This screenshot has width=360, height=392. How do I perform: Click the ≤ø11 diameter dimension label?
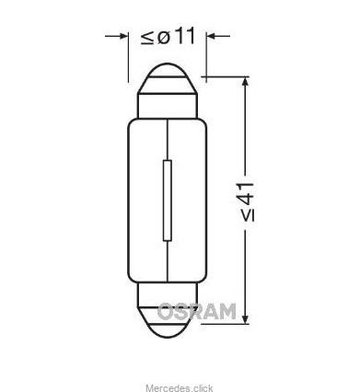click(x=168, y=37)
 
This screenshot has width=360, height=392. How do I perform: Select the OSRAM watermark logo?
click(x=196, y=312)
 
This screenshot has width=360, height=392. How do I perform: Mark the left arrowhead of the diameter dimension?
click(x=122, y=37)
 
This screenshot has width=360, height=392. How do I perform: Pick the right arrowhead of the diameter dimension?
click(x=211, y=37)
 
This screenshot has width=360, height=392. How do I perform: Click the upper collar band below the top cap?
click(x=167, y=105)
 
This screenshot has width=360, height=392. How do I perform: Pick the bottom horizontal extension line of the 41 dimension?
click(x=226, y=322)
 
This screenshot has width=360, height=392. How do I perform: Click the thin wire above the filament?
click(x=167, y=138)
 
